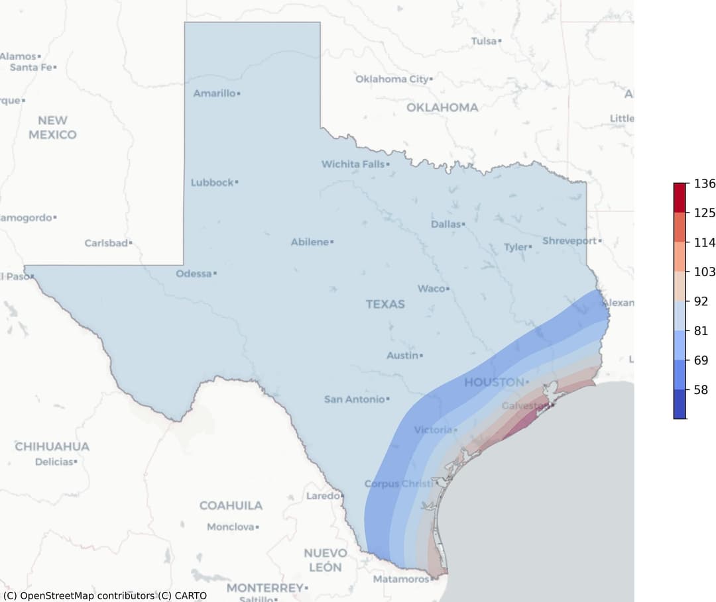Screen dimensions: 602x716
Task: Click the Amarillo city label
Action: pyautogui.click(x=214, y=93)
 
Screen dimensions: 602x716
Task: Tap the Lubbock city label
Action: pyautogui.click(x=212, y=182)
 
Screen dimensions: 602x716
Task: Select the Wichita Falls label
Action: pyautogui.click(x=353, y=164)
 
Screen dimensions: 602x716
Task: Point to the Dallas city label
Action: pyautogui.click(x=446, y=225)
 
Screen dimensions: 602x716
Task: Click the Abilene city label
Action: pyautogui.click(x=310, y=242)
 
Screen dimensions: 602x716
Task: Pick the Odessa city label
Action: pyautogui.click(x=194, y=274)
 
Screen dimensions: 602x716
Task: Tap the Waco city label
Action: pyautogui.click(x=431, y=289)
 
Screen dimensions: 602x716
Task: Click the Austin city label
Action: pyautogui.click(x=402, y=356)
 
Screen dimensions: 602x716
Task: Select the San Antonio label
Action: pyautogui.click(x=354, y=399)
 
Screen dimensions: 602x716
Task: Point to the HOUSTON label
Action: pyautogui.click(x=494, y=382)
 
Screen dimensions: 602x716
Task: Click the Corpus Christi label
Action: pyautogui.click(x=398, y=484)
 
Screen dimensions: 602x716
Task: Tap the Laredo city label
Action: pyautogui.click(x=322, y=496)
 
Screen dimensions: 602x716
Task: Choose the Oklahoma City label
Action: pyautogui.click(x=392, y=79)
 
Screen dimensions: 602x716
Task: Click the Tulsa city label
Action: pyautogui.click(x=484, y=41)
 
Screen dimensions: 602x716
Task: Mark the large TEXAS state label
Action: pyautogui.click(x=385, y=304)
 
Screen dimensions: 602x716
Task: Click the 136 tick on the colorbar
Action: pyautogui.click(x=704, y=183)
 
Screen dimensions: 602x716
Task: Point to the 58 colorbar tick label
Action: pyautogui.click(x=700, y=390)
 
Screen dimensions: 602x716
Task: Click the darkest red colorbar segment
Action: pyautogui.click(x=680, y=197)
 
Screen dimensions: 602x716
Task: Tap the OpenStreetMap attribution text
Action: pyautogui.click(x=105, y=595)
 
